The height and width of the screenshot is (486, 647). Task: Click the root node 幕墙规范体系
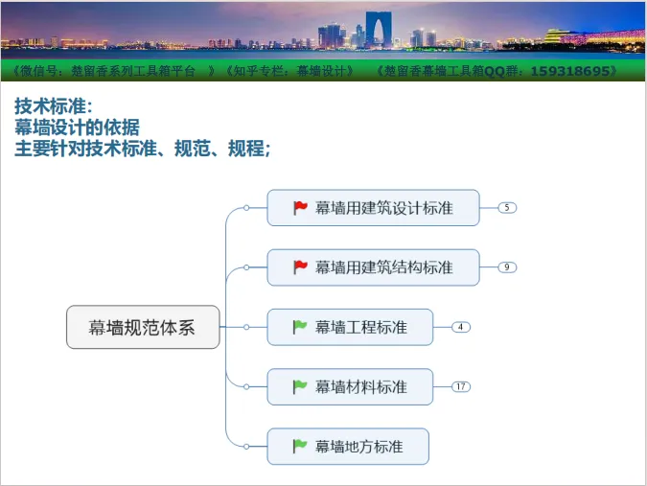[x=143, y=327]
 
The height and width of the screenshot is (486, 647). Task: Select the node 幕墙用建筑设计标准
[x=374, y=207]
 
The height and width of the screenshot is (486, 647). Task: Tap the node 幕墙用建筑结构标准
[x=374, y=267]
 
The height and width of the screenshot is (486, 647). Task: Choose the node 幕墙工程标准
[x=350, y=327]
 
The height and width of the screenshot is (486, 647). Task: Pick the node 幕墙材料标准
[x=350, y=386]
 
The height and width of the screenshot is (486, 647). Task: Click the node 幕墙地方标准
[x=348, y=447]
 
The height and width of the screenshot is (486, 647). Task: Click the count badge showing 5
[x=507, y=207]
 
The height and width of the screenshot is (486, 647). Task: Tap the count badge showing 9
[x=507, y=267]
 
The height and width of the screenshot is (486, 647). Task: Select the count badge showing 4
[x=461, y=327]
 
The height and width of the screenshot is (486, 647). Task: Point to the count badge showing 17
[x=461, y=386]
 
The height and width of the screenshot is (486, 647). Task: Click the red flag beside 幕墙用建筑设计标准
[x=300, y=207]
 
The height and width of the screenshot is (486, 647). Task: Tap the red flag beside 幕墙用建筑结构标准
[x=300, y=267]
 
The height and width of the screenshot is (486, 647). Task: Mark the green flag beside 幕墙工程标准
[x=300, y=327]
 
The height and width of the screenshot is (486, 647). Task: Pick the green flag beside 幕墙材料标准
[x=300, y=386]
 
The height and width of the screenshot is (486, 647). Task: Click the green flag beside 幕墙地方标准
[x=300, y=447]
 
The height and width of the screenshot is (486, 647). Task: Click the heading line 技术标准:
[x=54, y=106]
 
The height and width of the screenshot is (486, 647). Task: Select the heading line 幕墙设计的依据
[x=78, y=127]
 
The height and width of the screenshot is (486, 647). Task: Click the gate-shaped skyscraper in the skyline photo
[x=379, y=29]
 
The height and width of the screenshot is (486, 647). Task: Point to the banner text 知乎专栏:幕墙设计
[x=290, y=71]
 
